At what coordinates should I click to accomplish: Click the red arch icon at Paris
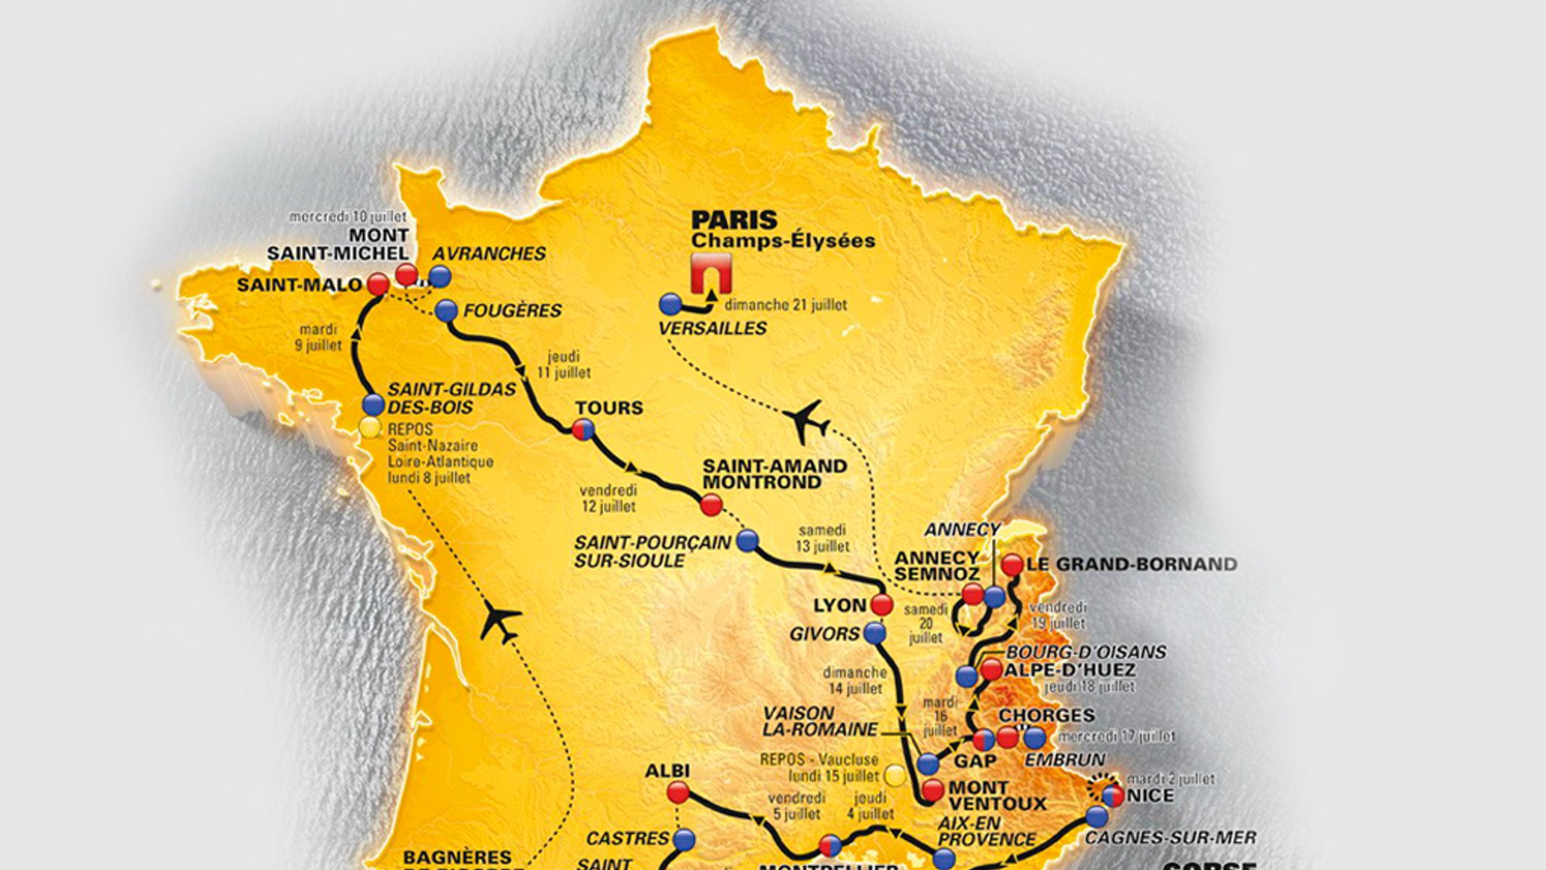click(x=710, y=274)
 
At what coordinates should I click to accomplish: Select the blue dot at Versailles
click(x=670, y=304)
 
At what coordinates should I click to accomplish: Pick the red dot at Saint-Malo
click(x=377, y=284)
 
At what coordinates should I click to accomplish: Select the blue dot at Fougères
click(x=447, y=310)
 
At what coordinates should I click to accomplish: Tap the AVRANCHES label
click(x=489, y=254)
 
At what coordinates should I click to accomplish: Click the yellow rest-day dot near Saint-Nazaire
click(x=369, y=427)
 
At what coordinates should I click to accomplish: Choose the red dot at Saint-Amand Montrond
click(x=711, y=505)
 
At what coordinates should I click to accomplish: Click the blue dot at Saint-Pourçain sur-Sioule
click(x=747, y=540)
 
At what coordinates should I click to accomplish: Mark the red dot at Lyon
click(x=881, y=604)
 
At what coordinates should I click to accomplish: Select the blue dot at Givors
click(x=874, y=633)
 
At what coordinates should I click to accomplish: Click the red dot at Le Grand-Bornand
click(x=1012, y=564)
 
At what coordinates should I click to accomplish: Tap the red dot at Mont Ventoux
click(x=933, y=790)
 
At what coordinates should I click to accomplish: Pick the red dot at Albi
click(x=678, y=792)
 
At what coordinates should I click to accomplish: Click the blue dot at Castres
click(x=684, y=838)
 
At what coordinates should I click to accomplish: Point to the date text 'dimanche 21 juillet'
click(x=785, y=305)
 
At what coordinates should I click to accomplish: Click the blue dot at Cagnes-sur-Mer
click(x=1097, y=816)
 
